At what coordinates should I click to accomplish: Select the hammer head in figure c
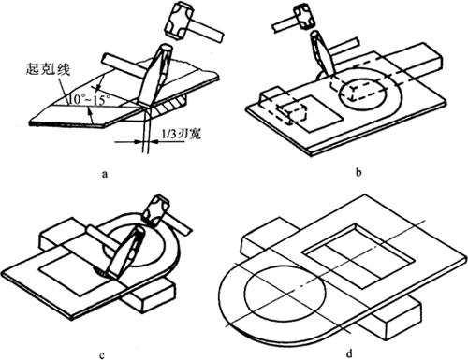(155, 209)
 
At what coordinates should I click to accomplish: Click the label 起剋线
(48, 69)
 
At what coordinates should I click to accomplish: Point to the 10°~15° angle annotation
(90, 100)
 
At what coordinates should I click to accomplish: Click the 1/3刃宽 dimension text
(182, 135)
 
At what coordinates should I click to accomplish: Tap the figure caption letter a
(105, 173)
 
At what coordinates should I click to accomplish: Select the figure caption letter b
(358, 172)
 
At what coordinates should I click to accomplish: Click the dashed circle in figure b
(364, 94)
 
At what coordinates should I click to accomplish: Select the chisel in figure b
(322, 53)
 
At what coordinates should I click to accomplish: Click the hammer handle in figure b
(285, 25)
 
